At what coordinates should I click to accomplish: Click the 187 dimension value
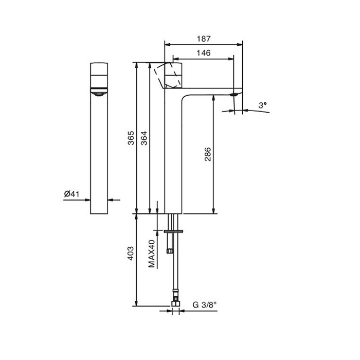204,39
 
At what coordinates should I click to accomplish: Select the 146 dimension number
204,53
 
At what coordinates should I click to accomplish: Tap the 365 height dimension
131,138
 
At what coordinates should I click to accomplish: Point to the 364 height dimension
144,138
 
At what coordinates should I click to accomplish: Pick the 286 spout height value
208,154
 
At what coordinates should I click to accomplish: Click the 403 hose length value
131,253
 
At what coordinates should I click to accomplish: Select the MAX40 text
152,254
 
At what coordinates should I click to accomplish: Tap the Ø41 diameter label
71,194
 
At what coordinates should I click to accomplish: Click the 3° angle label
262,105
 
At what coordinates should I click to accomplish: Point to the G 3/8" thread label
205,305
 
